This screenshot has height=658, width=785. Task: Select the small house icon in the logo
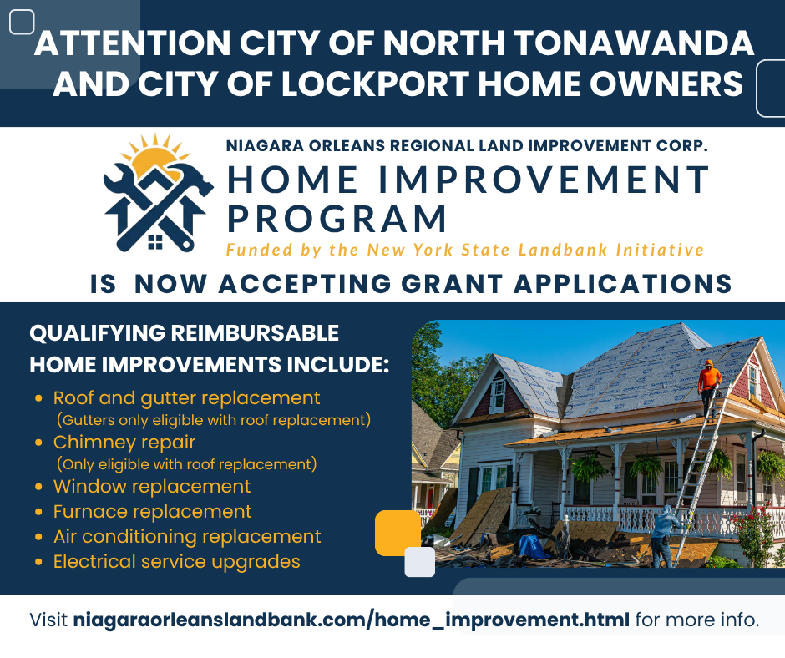(155, 241)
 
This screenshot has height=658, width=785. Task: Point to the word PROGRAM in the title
(337, 219)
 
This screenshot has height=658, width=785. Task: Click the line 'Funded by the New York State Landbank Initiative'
(464, 250)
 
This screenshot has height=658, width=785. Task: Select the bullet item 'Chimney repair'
(124, 443)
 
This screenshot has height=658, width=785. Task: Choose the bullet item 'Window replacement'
(152, 486)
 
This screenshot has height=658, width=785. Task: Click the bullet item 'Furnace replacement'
(152, 511)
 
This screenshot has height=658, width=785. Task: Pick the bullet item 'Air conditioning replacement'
(187, 536)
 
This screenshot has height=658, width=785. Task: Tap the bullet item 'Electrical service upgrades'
(176, 561)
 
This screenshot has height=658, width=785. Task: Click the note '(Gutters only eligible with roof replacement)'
(213, 419)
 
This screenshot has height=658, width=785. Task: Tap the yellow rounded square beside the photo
(398, 532)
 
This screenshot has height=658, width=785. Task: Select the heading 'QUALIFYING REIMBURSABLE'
(184, 333)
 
